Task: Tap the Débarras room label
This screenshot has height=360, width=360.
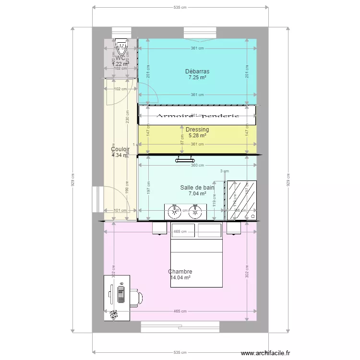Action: pos(197,72)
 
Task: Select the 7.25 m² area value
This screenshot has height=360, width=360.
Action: pos(197,77)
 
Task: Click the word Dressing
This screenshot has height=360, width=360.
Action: pos(197,130)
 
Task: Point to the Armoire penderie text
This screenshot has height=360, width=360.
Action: pos(197,116)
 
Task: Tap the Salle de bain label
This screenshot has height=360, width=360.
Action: pos(197,188)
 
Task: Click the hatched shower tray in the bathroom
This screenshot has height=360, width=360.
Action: pos(241,200)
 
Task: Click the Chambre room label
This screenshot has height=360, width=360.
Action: pos(180,272)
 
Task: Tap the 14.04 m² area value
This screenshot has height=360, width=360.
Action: pos(180,277)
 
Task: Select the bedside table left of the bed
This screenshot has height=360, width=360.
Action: pos(159,228)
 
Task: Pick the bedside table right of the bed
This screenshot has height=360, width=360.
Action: pos(233,228)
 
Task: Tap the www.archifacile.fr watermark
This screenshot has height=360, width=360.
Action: pos(265,353)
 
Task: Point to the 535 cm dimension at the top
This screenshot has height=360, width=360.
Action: pos(180,8)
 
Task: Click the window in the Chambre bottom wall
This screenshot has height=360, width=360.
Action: pos(180,327)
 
